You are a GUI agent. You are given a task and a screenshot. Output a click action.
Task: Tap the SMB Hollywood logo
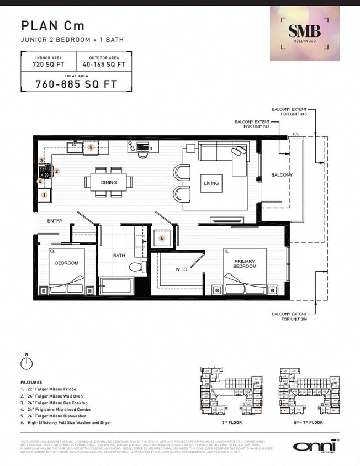pos(304,33)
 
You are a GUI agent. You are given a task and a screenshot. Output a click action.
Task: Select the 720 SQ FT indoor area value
pos(49,64)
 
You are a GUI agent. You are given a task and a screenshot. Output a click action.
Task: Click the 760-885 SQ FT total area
pos(76,84)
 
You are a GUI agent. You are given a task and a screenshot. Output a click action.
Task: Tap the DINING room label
pos(108,182)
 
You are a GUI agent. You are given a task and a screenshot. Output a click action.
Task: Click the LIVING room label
pos(211,183)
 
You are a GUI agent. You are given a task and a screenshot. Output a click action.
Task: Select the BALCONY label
pos(282,175)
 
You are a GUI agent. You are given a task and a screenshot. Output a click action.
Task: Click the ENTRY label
pos(55,221)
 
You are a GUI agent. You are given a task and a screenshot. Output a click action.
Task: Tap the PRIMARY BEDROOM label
pos(245,263)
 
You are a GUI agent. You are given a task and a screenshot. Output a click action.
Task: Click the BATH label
pos(119,256)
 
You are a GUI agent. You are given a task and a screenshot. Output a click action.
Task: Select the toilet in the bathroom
pos(136,267)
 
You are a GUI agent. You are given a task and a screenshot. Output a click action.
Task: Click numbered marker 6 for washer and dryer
pos(162,239)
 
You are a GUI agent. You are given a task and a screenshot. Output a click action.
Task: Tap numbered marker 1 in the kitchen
pos(44,194)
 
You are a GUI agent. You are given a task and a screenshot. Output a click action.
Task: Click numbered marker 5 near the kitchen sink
pos(91,147)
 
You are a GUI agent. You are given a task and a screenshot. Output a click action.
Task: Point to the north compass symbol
pos(26,363)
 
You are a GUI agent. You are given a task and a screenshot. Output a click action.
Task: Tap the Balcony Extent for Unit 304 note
pos(289,316)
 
